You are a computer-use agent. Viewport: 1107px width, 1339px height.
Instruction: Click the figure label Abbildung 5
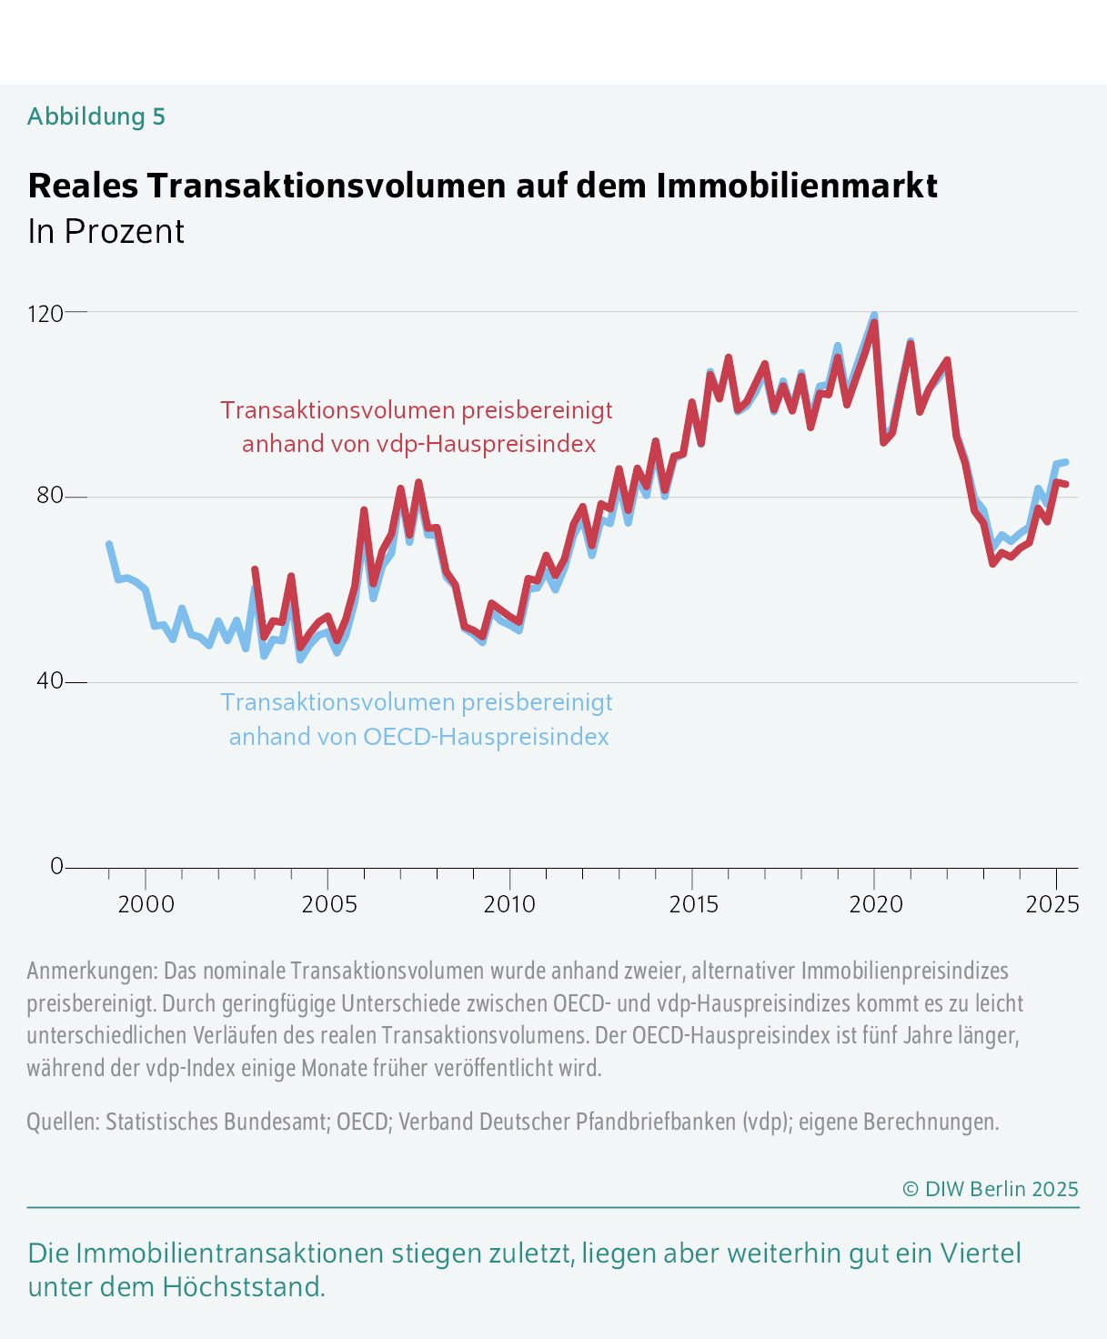pos(96,116)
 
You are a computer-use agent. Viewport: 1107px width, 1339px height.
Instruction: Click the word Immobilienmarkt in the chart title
pos(796,186)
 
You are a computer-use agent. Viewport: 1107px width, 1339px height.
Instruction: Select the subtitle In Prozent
pos(106,232)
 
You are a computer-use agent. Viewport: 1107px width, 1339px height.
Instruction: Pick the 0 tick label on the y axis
pos(57,866)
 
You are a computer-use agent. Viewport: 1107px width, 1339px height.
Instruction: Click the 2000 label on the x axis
pos(146,904)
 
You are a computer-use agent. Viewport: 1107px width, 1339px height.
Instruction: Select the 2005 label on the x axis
pos(327,904)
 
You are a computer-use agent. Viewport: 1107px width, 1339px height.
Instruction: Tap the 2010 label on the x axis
pos(510,904)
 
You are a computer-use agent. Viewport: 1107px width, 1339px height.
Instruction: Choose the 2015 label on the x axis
pos(693,904)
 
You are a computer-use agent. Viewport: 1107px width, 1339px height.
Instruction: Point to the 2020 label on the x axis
pos(875,904)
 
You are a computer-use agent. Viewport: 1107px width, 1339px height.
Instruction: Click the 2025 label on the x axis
pos(1052,904)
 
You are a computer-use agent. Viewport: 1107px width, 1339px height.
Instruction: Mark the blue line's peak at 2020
pos(874,316)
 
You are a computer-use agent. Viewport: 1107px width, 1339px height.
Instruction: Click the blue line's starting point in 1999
pos(109,544)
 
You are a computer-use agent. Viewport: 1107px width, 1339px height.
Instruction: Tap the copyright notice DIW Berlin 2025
pos(991,1189)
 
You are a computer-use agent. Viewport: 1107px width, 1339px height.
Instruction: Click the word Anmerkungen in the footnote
pos(91,971)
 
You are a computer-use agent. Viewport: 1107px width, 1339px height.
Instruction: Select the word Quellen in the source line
pos(61,1122)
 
